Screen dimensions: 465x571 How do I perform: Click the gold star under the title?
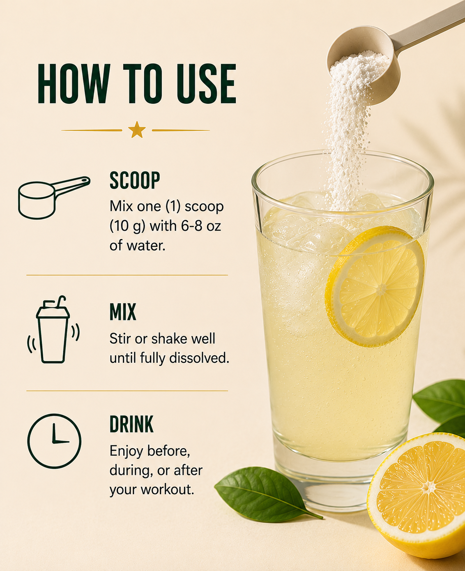pos(137,130)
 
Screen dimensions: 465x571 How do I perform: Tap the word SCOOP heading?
pos(135,180)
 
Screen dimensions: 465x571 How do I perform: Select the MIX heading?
pos(123,312)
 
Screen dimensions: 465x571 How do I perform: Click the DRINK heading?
pos(131,424)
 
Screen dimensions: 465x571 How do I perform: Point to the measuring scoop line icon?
pos(53,198)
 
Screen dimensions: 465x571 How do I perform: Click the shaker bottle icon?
pos(53,330)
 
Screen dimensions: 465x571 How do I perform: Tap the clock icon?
pos(54,441)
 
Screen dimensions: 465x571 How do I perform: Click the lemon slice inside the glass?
pos(375,286)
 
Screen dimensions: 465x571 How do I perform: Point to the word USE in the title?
pos(206,84)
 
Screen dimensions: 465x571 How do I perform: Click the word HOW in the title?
pos(74,84)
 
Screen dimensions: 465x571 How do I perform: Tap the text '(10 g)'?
pos(128,226)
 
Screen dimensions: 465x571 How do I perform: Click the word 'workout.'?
pos(167,489)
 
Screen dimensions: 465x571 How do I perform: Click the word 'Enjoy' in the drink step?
pos(126,451)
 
